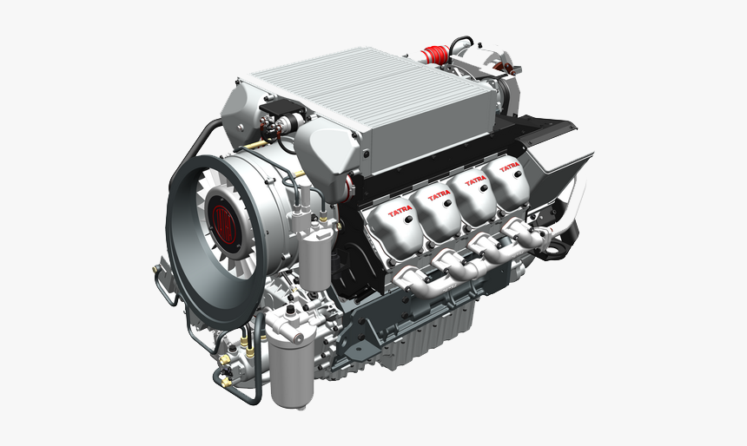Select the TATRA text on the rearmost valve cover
pyautogui.click(x=510, y=167)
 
